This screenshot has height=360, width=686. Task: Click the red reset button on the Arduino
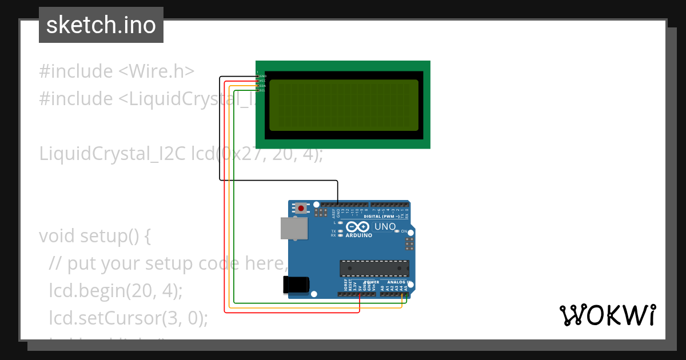(301, 209)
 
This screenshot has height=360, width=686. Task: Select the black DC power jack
(296, 284)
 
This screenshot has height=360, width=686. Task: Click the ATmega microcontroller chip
(374, 268)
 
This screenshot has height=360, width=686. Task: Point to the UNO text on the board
(385, 227)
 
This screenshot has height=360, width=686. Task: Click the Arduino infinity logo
(358, 227)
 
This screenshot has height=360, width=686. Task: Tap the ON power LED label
(404, 231)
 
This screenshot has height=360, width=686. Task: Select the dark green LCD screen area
(344, 105)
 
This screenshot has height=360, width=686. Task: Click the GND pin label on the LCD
(263, 76)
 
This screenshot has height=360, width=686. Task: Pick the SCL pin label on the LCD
(263, 90)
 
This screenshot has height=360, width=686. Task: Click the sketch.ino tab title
(101, 25)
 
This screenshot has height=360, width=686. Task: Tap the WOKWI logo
(607, 315)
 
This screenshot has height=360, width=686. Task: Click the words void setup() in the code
(95, 236)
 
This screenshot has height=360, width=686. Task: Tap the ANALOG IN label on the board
(397, 282)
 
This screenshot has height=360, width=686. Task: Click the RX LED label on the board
(333, 235)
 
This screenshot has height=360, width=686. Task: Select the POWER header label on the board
(372, 282)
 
